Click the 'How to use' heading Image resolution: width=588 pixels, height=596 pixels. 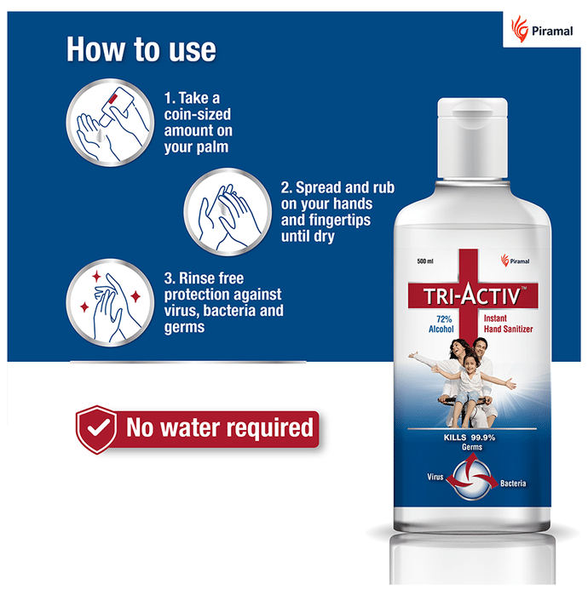pos(141,49)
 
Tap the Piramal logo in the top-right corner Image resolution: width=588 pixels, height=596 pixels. pos(542,29)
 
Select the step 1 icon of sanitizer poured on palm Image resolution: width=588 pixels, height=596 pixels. pos(110,123)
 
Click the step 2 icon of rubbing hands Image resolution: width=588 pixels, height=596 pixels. pos(228,212)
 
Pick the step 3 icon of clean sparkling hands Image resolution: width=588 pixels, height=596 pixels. pos(110,302)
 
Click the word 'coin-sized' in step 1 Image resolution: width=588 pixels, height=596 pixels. pos(198,114)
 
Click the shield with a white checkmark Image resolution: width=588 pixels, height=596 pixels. pos(96,429)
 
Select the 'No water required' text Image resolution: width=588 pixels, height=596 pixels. pos(220,427)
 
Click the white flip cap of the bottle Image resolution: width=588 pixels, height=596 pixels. pos(472,138)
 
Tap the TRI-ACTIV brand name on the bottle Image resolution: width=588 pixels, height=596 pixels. pos(472,295)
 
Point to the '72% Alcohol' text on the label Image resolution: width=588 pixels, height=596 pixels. pos(441,324)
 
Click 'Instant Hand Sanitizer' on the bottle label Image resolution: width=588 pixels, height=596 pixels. pos(508,324)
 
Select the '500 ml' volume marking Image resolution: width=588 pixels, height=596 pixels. pos(425,261)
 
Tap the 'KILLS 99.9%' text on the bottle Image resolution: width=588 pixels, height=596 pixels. pos(470,438)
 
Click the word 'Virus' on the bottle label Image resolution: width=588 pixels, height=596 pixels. pos(435,477)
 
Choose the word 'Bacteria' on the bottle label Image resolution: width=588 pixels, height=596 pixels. pos(513,483)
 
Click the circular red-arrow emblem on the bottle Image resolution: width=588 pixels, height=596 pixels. pos(472,478)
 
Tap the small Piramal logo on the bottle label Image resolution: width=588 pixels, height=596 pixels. pos(515,261)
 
